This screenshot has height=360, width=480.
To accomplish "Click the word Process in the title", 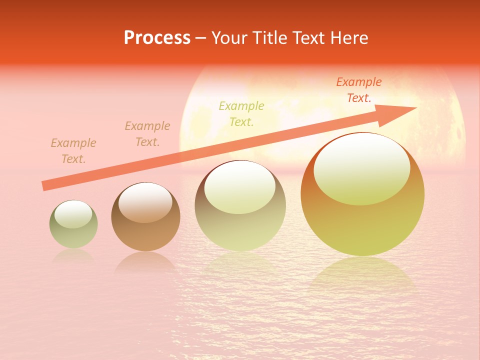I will click(x=157, y=38).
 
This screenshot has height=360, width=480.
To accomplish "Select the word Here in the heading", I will click(x=349, y=38).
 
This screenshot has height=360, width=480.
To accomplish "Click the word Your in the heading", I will click(x=230, y=38).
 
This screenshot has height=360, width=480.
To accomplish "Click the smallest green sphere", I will click(x=73, y=224).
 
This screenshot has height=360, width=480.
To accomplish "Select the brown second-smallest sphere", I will click(x=145, y=217).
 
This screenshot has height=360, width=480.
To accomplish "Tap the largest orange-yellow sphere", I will click(x=362, y=195).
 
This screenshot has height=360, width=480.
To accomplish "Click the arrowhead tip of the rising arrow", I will click(x=415, y=108).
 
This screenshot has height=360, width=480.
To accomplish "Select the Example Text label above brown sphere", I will click(x=147, y=134).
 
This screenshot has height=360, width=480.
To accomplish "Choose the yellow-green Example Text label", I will click(x=241, y=113).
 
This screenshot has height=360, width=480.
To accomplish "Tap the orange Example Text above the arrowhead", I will click(x=359, y=90).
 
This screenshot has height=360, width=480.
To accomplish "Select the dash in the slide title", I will click(x=201, y=38).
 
